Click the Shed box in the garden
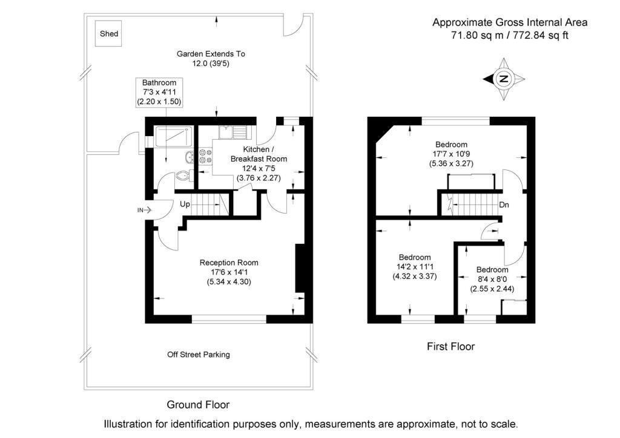point(109,34)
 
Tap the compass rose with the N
point(504,79)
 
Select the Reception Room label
point(229,263)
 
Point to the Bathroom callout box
point(159,93)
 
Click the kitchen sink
point(232,130)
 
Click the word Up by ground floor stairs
point(185,204)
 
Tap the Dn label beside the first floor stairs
point(504,204)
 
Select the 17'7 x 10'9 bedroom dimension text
point(452,154)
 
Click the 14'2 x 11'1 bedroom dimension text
point(415,267)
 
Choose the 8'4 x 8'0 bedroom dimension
point(492,279)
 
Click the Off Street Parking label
point(199,355)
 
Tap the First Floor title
point(450,347)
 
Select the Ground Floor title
point(198,404)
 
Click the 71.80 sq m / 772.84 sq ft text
point(510,36)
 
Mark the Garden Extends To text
point(211,54)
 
